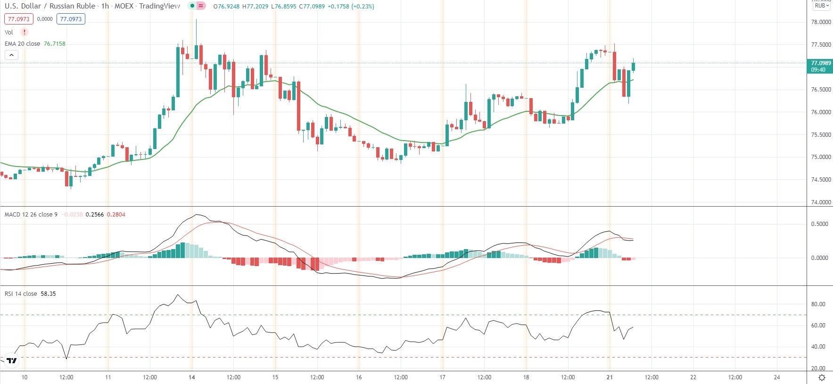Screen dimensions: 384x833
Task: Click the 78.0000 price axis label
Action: click(x=821, y=22)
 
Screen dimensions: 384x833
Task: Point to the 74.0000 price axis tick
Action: click(x=821, y=202)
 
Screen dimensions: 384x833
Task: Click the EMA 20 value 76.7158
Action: click(x=55, y=44)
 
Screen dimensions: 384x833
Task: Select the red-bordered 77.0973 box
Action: click(x=19, y=19)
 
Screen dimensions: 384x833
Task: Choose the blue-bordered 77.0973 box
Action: click(x=71, y=19)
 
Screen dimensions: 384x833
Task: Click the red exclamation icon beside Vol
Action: click(x=25, y=32)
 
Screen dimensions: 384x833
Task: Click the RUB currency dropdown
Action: click(x=822, y=6)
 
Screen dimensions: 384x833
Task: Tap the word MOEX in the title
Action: click(x=124, y=6)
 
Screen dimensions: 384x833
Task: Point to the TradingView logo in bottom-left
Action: click(x=12, y=361)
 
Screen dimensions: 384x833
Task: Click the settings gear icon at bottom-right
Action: click(x=822, y=377)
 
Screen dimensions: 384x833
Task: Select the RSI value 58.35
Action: click(x=48, y=294)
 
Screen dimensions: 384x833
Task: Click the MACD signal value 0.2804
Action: click(x=116, y=215)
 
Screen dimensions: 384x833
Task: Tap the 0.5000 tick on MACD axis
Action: click(x=820, y=224)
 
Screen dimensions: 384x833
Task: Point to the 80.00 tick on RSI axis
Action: click(x=818, y=304)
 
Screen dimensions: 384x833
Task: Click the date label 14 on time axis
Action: click(x=191, y=377)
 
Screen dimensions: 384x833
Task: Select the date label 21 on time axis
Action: click(x=610, y=377)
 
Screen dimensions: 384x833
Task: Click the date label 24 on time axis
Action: click(x=777, y=377)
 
